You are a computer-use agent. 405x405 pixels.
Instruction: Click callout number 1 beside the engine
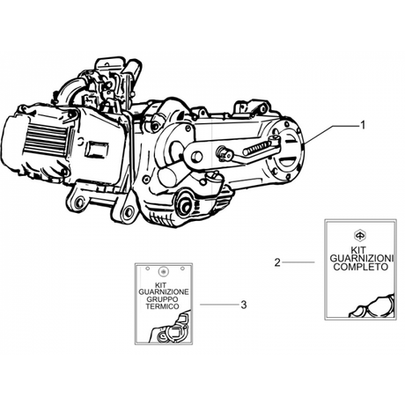363,125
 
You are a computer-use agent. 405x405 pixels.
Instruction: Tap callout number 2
277,262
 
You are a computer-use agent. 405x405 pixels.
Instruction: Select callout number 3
244,305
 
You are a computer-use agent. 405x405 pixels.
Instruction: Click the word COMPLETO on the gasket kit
361,267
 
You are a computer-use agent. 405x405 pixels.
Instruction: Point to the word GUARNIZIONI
362,259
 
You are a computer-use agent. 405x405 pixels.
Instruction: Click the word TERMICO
162,306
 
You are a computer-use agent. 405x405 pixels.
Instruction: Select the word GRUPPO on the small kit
162,299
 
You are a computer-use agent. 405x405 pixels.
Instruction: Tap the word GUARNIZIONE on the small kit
164,292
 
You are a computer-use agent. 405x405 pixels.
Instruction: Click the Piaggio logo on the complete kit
359,235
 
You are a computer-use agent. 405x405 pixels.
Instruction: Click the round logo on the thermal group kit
163,272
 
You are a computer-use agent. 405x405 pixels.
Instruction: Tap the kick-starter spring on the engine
257,148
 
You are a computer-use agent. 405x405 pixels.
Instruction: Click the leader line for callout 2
298,262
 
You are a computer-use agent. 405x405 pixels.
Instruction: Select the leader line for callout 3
219,305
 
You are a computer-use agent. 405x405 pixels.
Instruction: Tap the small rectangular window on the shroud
96,150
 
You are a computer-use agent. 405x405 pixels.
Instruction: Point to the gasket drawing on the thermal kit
170,328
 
